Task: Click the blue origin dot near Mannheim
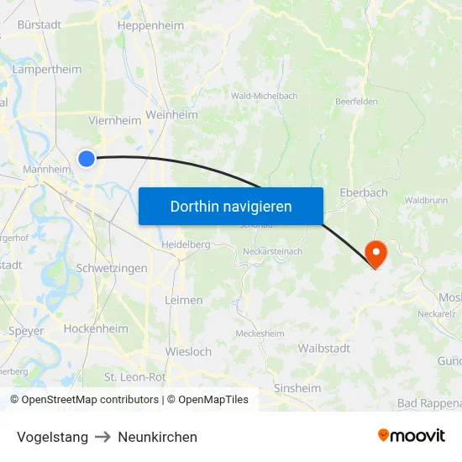coord(87,158)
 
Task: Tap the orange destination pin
coord(375,252)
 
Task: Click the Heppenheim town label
coord(151,25)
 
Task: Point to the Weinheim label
coord(171,114)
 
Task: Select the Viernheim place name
coord(115,120)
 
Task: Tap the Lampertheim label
coord(47,69)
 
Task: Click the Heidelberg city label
coord(186,244)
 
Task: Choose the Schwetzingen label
coord(112,268)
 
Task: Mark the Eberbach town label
coord(364,192)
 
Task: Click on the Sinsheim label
coord(297,388)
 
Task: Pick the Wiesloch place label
coord(189,351)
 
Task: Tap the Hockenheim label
coord(96,328)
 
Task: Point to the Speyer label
coord(26,330)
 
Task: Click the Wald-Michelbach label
coord(265,96)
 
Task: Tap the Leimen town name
coord(184,300)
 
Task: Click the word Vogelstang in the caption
coord(52,437)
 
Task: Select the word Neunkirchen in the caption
coord(158,437)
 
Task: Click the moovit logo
coord(411,435)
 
